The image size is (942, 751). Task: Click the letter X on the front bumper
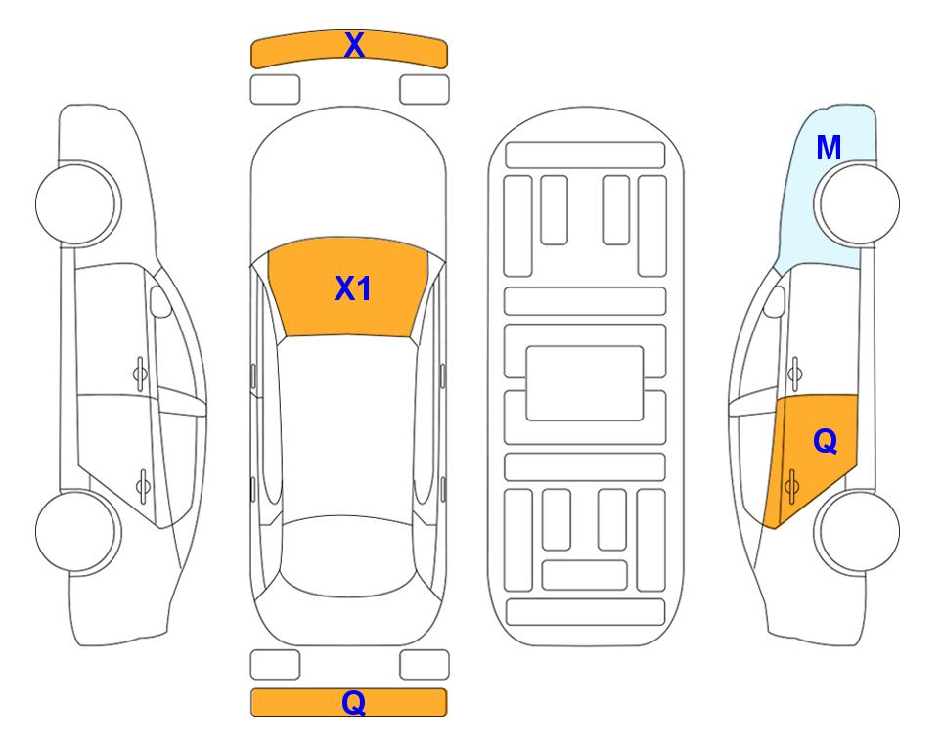click(x=354, y=45)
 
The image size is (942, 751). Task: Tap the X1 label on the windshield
click(x=353, y=288)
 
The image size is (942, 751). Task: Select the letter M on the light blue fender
click(x=829, y=148)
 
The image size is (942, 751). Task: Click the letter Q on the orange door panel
click(x=826, y=442)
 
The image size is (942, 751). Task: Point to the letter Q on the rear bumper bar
click(x=354, y=702)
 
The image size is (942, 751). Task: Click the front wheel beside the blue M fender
click(x=857, y=203)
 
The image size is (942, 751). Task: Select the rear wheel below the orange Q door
click(x=857, y=531)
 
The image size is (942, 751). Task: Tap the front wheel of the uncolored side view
click(x=78, y=203)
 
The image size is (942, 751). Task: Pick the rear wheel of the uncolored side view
click(x=78, y=531)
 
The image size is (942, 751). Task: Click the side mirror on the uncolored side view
click(x=159, y=301)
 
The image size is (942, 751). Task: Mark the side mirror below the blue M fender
click(x=775, y=301)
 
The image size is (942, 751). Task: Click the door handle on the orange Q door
click(x=791, y=487)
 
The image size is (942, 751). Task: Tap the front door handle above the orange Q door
click(x=794, y=374)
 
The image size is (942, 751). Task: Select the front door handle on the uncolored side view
click(x=140, y=374)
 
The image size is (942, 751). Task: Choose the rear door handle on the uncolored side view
click(x=143, y=486)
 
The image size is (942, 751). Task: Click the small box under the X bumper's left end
click(x=275, y=90)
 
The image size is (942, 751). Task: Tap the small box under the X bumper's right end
click(x=425, y=90)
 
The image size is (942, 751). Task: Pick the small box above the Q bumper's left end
click(x=275, y=665)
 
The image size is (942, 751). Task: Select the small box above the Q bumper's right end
click(x=425, y=665)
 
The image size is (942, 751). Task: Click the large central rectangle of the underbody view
click(x=585, y=383)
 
